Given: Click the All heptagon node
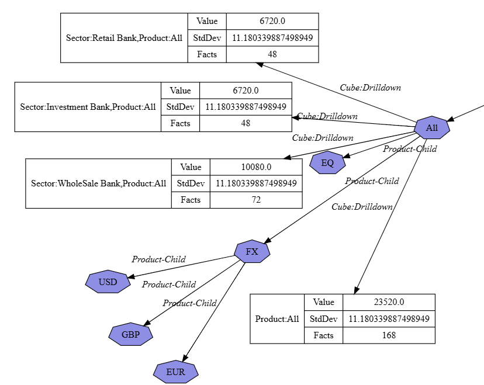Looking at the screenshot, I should pos(432,128).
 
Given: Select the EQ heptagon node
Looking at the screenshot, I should pos(327,163).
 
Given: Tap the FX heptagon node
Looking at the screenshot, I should pos(252,252).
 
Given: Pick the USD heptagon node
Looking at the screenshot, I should pos(108,282).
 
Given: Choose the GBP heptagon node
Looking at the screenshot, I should pos(130,335).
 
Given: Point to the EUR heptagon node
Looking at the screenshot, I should pos(176,372).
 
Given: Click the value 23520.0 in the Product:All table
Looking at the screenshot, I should pos(389,302).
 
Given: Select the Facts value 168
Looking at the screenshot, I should pos(389,335).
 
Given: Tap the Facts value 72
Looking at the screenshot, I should pos(256,200).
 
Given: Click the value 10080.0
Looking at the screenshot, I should pos(256,167).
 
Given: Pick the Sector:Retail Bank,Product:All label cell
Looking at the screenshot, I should pos(125,38).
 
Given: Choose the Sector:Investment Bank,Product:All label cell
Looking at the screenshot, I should pos(88,107).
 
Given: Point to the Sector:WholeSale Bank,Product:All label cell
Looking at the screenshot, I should pos(99,183).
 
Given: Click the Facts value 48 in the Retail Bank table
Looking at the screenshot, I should pos(272,54).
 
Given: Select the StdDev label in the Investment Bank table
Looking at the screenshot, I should pos(180,107).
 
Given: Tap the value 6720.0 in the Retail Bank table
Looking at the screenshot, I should pos(272,21).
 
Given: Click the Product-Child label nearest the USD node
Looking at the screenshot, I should pos(158,259).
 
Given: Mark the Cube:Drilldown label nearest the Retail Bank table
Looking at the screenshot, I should pos(370,88).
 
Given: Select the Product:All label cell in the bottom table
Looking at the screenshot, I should pos(277,319).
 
